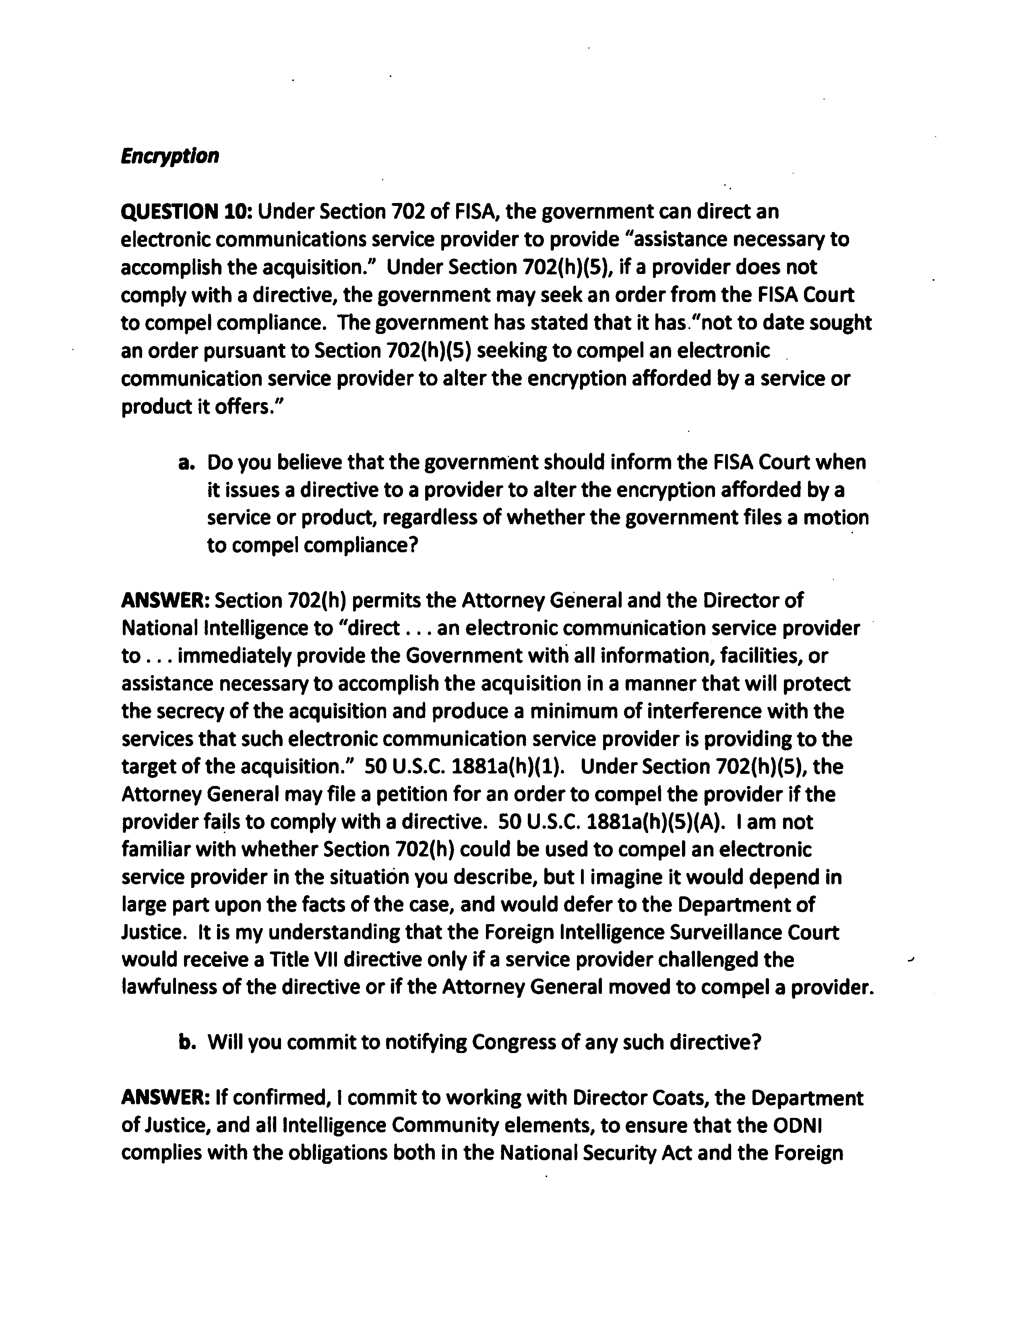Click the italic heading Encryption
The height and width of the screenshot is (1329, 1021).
(x=169, y=157)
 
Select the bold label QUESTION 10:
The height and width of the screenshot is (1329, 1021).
(x=186, y=212)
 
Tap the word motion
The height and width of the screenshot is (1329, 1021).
(x=836, y=518)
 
